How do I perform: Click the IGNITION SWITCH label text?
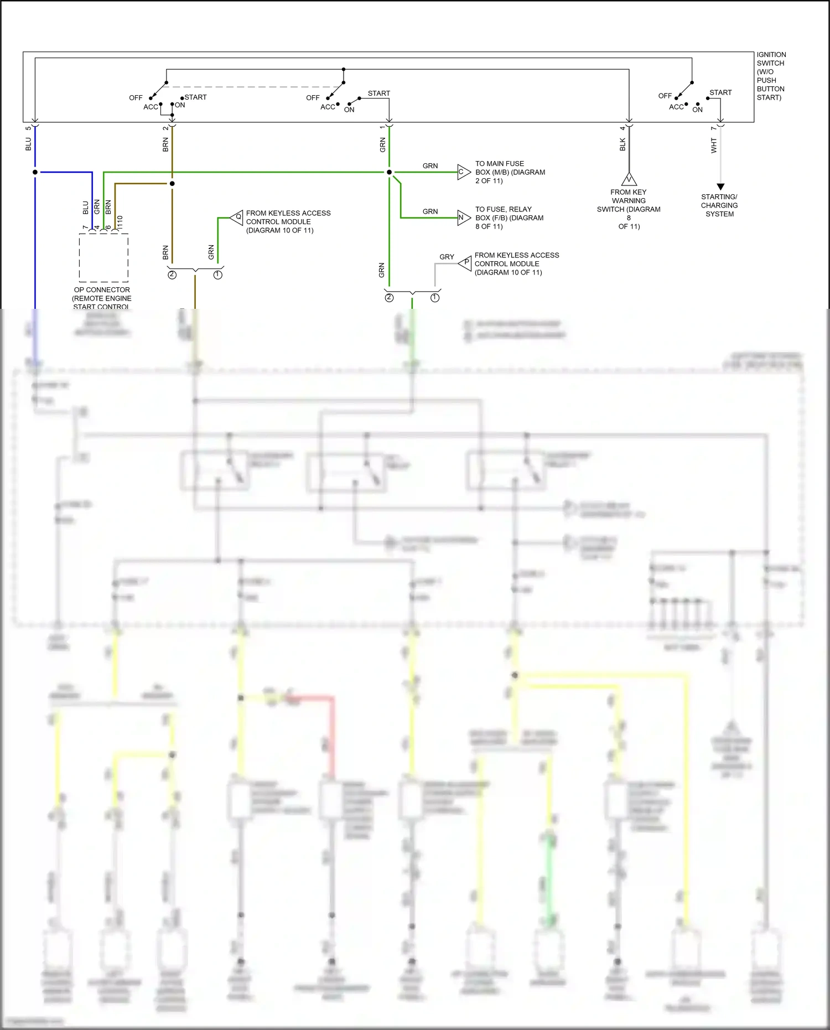pyautogui.click(x=771, y=76)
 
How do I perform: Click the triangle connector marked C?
pyautogui.click(x=463, y=172)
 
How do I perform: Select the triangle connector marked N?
pyautogui.click(x=463, y=218)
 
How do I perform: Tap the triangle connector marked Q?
pyautogui.click(x=237, y=218)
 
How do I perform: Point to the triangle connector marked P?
pyautogui.click(x=465, y=263)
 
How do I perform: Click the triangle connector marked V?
pyautogui.click(x=629, y=179)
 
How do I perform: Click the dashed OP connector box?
pyautogui.click(x=103, y=257)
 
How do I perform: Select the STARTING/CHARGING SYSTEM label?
pyautogui.click(x=719, y=205)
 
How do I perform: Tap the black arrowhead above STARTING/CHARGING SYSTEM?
pyautogui.click(x=720, y=187)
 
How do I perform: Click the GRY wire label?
pyautogui.click(x=447, y=257)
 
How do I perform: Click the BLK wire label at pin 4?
pyautogui.click(x=622, y=144)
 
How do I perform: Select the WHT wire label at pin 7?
pyautogui.click(x=714, y=146)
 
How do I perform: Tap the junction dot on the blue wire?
pyautogui.click(x=35, y=172)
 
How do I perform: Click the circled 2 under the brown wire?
pyautogui.click(x=172, y=275)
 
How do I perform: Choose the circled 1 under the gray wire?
pyautogui.click(x=435, y=298)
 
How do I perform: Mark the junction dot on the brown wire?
pyautogui.click(x=172, y=183)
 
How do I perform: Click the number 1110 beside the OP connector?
pyautogui.click(x=120, y=222)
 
